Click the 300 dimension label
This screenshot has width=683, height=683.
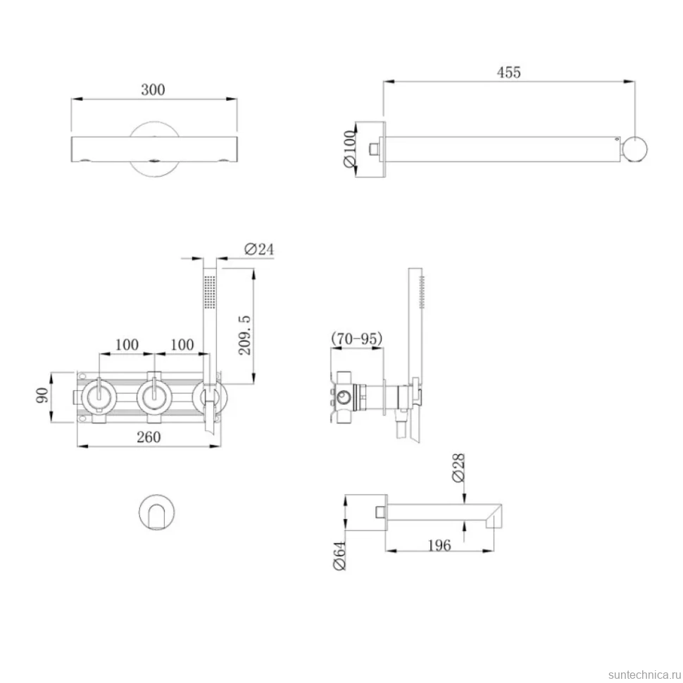click(153, 89)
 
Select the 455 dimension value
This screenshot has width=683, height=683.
click(509, 73)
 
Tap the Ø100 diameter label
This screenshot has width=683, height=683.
click(350, 149)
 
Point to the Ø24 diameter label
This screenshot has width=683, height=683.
click(259, 249)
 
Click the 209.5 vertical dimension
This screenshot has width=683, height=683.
click(245, 335)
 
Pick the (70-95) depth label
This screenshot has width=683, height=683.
click(357, 339)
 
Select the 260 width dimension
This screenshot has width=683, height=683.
click(149, 437)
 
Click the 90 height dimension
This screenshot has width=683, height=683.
click(42, 396)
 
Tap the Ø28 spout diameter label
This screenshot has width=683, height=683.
click(458, 468)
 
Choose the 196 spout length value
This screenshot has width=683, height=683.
click(439, 546)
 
